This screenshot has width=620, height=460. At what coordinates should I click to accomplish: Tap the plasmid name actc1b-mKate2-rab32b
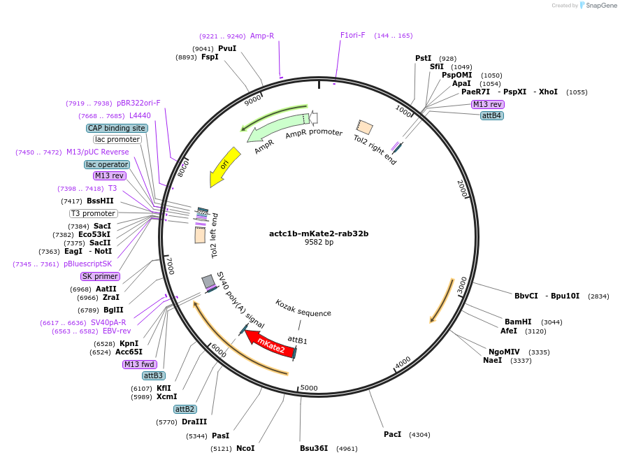click(319, 233)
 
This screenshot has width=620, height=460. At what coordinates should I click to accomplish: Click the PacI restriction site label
click(392, 434)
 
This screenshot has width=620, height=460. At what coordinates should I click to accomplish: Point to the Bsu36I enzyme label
click(314, 448)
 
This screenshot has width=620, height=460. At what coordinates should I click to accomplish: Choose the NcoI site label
click(245, 448)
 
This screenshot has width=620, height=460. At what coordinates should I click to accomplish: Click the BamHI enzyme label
click(518, 322)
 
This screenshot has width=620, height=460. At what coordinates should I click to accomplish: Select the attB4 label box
click(492, 115)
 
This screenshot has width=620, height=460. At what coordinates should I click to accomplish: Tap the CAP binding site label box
click(117, 128)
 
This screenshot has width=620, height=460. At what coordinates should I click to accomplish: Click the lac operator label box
click(106, 164)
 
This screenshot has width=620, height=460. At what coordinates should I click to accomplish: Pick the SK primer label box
click(100, 276)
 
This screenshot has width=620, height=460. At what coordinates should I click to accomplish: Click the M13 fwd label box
click(139, 364)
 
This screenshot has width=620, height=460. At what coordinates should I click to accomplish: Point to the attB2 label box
click(185, 409)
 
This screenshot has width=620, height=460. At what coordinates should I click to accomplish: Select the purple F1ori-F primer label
click(352, 35)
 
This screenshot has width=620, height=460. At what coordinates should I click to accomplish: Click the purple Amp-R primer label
click(262, 36)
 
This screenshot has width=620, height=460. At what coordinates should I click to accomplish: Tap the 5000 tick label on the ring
click(309, 388)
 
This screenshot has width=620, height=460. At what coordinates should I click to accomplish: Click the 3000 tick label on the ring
click(462, 285)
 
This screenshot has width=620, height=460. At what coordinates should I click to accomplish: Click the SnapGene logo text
click(600, 6)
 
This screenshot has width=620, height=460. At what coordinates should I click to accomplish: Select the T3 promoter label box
click(93, 213)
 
